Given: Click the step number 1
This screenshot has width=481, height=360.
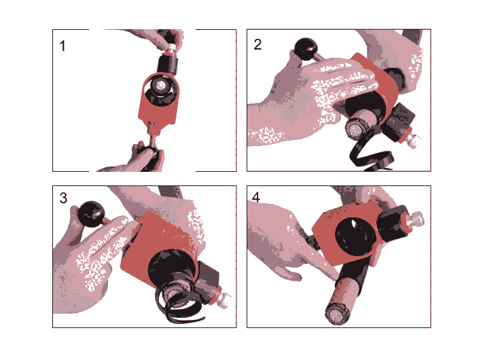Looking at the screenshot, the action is (x=63, y=46).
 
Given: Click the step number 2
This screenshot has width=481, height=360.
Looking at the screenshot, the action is (x=257, y=45).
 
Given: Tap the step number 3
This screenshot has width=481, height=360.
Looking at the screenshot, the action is (x=63, y=198).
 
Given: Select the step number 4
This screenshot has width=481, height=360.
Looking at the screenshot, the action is (x=256, y=197).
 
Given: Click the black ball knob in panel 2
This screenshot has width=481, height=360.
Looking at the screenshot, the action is (x=306, y=48).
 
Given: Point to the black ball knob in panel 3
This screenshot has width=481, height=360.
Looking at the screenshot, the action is (x=91, y=214).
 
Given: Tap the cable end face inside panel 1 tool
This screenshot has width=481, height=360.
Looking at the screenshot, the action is (x=161, y=86).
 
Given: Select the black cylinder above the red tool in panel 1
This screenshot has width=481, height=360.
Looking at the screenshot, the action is (x=168, y=64).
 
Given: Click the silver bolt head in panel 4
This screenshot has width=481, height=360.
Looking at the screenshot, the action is (x=415, y=219).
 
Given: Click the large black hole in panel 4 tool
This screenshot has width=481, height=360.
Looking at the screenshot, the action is (x=355, y=236).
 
